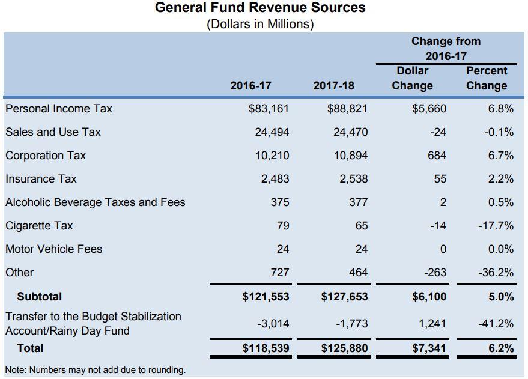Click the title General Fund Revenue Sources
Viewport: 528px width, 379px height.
260,7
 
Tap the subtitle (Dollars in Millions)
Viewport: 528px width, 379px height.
260,24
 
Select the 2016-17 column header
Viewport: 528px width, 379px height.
250,85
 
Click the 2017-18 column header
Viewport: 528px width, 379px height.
334,85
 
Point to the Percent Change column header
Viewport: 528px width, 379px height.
487,78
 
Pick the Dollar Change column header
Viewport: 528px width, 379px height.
413,78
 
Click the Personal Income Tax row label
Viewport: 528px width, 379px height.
59,109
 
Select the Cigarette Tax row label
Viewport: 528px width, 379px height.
40,225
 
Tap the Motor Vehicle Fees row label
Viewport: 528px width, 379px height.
54,249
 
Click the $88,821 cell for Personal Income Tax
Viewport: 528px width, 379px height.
347,109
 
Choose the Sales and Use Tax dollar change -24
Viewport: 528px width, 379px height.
438,132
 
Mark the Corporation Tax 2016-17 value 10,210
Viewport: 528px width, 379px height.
272,156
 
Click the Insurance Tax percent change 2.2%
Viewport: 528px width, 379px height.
501,179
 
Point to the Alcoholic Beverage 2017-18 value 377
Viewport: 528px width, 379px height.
358,202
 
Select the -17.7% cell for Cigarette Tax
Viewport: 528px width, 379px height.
496,225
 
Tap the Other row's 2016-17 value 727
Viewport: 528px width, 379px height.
280,272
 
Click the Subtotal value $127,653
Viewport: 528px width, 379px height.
344,297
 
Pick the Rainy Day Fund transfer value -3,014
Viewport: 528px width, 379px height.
273,324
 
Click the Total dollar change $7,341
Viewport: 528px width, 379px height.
429,348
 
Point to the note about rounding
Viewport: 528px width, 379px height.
96,370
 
